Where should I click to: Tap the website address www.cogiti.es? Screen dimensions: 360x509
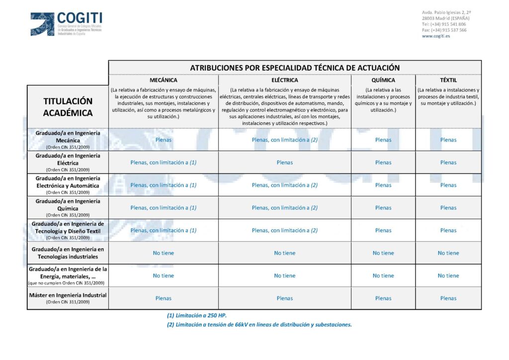point(436,36)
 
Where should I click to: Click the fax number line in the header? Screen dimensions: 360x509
point(444,30)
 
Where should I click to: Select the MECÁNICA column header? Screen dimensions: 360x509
point(163,80)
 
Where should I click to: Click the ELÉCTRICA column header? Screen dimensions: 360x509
point(285,80)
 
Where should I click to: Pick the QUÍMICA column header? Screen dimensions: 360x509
point(383,80)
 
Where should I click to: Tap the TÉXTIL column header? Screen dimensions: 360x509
point(448,80)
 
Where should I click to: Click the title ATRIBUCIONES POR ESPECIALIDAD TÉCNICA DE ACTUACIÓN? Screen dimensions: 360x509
point(295,68)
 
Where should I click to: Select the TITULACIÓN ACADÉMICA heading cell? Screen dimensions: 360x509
point(68,107)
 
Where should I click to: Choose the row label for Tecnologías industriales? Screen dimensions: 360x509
point(68,253)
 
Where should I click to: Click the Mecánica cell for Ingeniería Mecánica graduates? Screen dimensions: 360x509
point(163,140)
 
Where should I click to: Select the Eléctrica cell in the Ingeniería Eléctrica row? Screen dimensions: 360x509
point(285,163)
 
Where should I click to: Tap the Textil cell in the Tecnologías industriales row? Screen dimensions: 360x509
point(448,253)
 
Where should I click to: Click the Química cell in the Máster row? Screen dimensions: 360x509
point(383,298)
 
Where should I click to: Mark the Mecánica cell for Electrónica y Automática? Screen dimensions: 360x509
point(163,185)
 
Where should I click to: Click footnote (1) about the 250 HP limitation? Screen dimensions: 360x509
point(197,315)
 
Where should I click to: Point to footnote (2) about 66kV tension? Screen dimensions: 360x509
point(259,325)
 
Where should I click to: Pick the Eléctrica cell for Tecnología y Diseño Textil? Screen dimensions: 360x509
point(285,230)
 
